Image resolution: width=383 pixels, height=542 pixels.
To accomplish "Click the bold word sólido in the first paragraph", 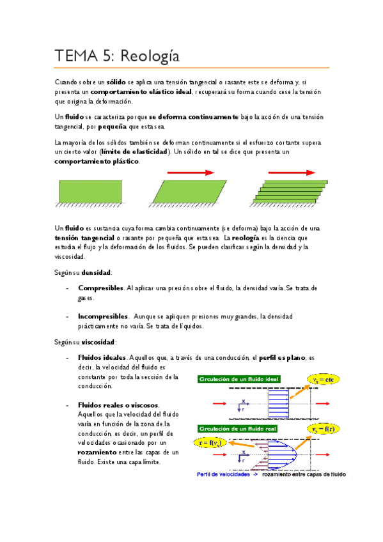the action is coord(116,83).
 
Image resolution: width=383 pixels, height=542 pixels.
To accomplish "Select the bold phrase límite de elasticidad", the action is coord(135,151).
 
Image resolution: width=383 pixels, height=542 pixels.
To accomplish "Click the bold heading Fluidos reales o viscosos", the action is coord(118,405).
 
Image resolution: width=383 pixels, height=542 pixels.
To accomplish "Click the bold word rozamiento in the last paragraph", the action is coord(97,452).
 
